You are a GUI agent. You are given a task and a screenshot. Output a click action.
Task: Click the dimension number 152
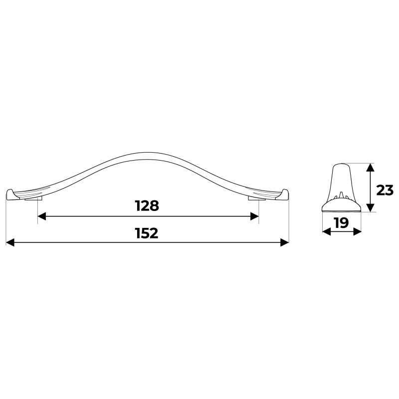click(147, 233)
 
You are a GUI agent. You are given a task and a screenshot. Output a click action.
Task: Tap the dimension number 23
click(385, 190)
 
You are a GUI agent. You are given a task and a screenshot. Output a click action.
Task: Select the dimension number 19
click(342, 223)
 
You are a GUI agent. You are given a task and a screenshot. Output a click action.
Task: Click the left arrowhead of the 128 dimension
click(42, 216)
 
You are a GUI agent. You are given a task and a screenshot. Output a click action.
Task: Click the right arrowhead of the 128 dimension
click(254, 216)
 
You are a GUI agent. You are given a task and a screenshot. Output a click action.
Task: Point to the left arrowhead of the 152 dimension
click(10, 242)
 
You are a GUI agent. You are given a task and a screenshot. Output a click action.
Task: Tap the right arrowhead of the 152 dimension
click(285, 242)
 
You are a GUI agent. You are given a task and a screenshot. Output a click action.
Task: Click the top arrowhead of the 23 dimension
click(369, 168)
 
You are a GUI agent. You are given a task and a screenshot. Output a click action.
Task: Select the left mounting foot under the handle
click(32, 200)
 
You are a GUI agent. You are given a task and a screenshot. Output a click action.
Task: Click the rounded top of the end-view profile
click(341, 165)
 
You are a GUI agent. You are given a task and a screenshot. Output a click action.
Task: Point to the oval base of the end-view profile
click(342, 206)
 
